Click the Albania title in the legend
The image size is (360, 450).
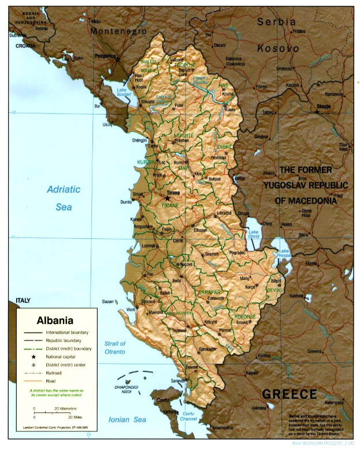point(55,320)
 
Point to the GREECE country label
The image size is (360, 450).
point(289,394)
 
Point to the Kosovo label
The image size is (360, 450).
point(278,49)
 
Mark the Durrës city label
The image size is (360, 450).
point(125,202)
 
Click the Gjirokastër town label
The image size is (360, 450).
point(207,349)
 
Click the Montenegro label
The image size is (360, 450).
point(118,31)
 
